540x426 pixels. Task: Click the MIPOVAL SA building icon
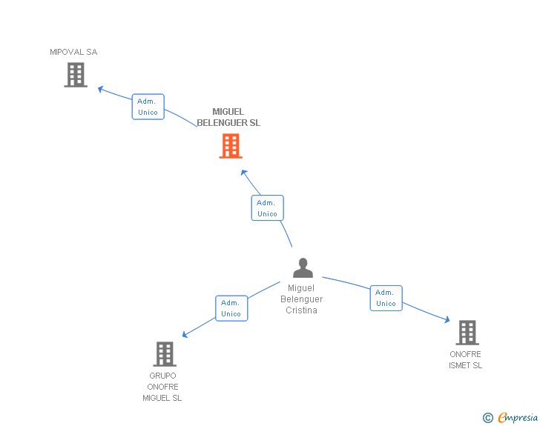(76, 75)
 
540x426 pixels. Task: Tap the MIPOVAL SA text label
(73, 52)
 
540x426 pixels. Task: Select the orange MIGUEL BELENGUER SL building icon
(231, 146)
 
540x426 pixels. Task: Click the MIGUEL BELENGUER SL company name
(228, 117)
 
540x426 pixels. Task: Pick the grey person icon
(303, 267)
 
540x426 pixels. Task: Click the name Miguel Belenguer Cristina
(301, 299)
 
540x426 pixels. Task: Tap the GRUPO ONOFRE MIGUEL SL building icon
(165, 354)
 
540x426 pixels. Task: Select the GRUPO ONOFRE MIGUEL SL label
(162, 387)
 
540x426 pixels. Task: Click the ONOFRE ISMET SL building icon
(467, 333)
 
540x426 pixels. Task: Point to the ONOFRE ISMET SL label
(465, 360)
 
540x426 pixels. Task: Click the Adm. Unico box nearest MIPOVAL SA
(148, 107)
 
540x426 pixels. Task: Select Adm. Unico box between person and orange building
(267, 208)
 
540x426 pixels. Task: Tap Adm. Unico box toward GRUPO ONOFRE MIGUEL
(231, 308)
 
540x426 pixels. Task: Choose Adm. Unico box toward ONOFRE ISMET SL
(386, 298)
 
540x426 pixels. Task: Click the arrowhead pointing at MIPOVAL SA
(101, 90)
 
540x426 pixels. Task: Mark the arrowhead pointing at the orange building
(244, 173)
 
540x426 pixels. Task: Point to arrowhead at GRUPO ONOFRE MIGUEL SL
(185, 334)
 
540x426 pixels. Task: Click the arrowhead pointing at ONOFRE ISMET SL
(447, 319)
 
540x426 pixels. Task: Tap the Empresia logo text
(518, 417)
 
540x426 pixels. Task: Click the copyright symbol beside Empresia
(488, 418)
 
